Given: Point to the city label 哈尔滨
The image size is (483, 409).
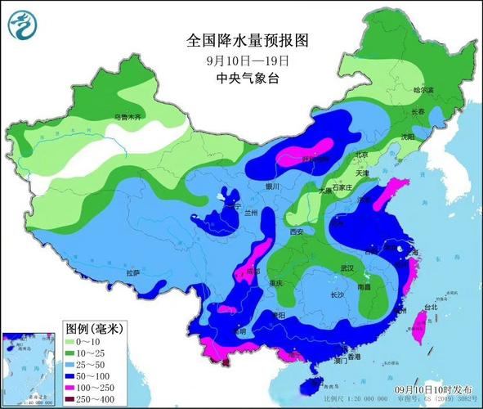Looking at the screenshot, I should [x=423, y=90].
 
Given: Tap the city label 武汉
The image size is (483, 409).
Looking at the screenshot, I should [x=347, y=268].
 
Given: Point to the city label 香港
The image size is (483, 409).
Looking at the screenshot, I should [x=352, y=357].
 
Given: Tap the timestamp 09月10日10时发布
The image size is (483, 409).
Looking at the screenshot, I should [x=430, y=390].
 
